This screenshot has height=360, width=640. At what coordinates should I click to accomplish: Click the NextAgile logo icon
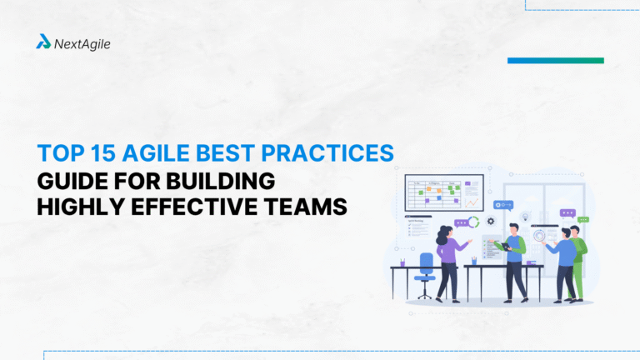43,42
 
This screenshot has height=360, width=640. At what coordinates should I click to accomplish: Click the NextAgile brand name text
82,42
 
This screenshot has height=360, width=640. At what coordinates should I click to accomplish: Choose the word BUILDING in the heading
225,181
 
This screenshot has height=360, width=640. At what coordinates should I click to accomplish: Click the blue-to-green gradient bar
555,61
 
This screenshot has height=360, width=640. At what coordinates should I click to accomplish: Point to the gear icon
492,222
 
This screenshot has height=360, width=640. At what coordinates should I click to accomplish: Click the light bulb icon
526,218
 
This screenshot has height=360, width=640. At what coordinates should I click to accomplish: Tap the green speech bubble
585,218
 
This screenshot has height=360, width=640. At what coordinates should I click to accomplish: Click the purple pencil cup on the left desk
402,261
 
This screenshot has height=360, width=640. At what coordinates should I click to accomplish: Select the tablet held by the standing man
502,245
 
